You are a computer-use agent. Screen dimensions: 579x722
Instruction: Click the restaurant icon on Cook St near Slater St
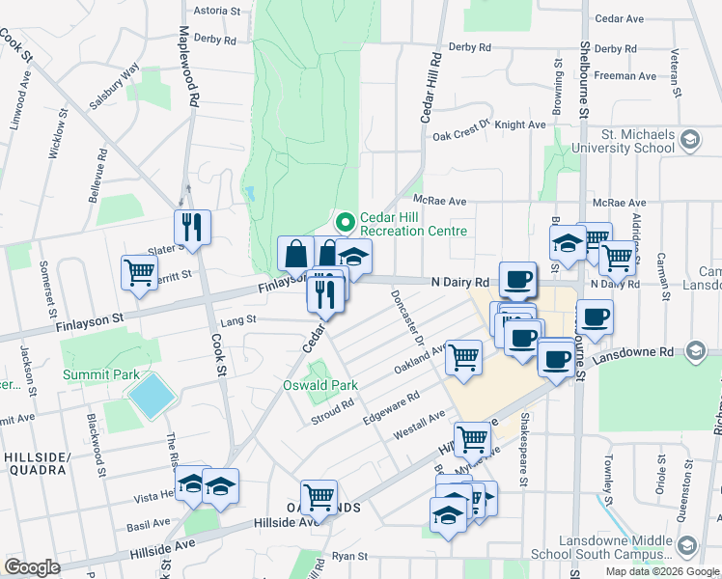(x=192, y=227)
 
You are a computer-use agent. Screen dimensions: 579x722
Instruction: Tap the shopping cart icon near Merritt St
(x=139, y=272)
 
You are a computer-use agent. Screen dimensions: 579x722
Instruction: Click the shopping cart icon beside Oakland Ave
(x=464, y=355)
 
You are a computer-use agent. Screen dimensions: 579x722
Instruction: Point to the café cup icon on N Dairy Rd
(x=517, y=278)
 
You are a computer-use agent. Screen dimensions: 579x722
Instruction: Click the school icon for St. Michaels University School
(x=689, y=141)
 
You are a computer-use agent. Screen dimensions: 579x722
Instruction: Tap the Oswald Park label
(x=320, y=385)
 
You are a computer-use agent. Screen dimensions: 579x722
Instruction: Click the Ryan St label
(x=349, y=556)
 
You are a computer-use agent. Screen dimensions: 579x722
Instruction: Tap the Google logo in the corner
(x=32, y=566)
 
